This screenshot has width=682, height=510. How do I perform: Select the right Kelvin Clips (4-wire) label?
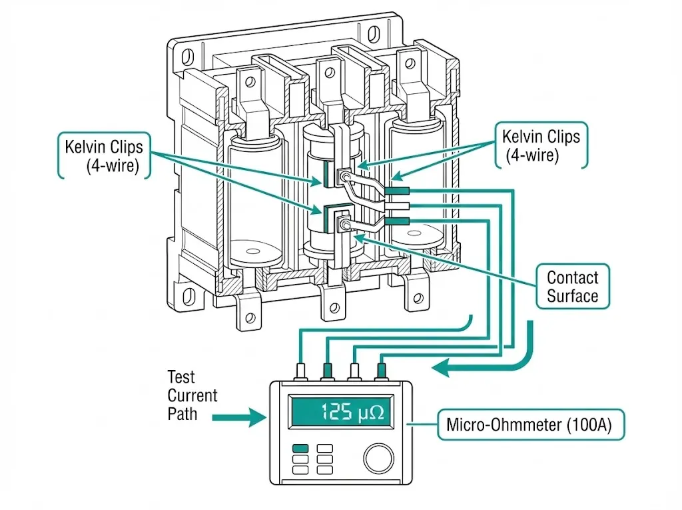point(541,146)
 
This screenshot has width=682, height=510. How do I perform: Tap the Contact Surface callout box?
point(572,287)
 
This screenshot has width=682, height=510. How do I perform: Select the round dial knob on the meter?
point(378,459)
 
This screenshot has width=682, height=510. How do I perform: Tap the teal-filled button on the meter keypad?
point(300,449)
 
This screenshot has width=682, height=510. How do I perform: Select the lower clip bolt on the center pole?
point(344,225)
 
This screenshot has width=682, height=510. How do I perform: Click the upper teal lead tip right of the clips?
point(397,191)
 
